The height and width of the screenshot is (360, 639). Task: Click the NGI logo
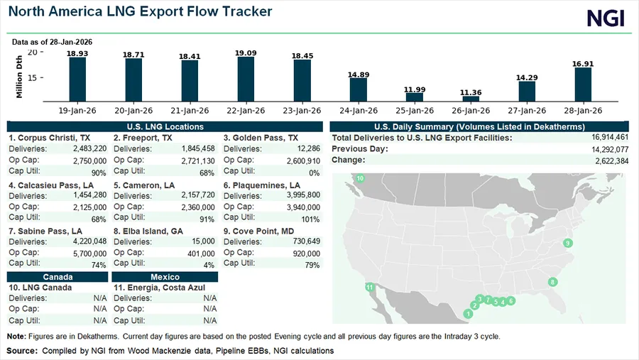pyautogui.click(x=605, y=18)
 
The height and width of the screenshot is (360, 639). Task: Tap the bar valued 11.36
pyautogui.click(x=471, y=99)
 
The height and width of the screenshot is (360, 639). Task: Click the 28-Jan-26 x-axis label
pyautogui.click(x=583, y=110)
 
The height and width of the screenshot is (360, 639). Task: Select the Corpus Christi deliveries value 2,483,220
pyautogui.click(x=90, y=148)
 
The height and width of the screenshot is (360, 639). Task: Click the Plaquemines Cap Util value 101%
pyautogui.click(x=311, y=219)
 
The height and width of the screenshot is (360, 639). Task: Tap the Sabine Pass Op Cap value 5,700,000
pyautogui.click(x=90, y=253)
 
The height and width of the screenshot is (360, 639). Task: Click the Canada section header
pyautogui.click(x=58, y=276)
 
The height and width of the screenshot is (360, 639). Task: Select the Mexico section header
pyautogui.click(x=165, y=276)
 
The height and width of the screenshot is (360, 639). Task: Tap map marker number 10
pyautogui.click(x=360, y=178)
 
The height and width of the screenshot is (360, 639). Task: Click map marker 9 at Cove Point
pyautogui.click(x=567, y=244)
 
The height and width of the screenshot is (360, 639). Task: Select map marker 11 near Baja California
pyautogui.click(x=369, y=287)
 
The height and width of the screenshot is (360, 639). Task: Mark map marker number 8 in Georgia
pyautogui.click(x=553, y=282)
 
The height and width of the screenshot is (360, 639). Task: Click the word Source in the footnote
pyautogui.click(x=22, y=351)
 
